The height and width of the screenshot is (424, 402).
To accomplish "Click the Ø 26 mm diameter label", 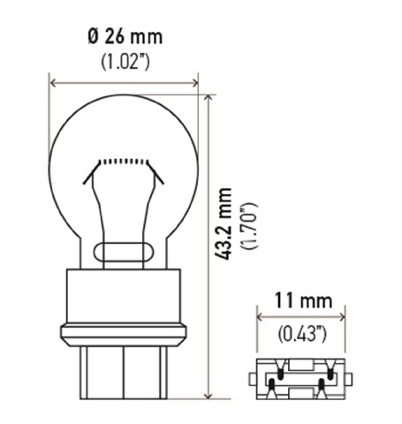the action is pos(125,36).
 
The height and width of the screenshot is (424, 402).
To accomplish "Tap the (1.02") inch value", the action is pos(125,62).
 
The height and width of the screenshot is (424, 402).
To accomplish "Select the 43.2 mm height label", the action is pos(223,223).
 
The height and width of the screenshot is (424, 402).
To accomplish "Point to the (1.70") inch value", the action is pos(249,226).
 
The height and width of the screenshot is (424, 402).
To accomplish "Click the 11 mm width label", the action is pos(304,300).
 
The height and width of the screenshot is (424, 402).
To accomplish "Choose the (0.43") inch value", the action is pos(302,334).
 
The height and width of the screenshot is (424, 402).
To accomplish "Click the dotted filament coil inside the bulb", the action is pos(123,162).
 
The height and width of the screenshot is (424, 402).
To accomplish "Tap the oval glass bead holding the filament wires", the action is pos(124,252).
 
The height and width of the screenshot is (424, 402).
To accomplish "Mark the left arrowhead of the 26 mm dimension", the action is pos(53,83).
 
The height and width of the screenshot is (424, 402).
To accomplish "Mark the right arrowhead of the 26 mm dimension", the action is pos(194,83).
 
